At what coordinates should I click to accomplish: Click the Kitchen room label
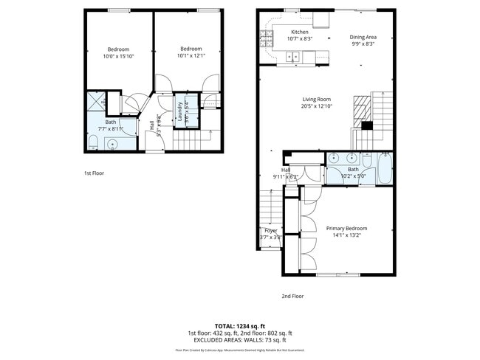click(300, 32)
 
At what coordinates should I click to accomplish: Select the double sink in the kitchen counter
click(293, 56)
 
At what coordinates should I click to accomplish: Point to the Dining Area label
click(363, 37)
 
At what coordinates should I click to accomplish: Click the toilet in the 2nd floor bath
click(367, 158)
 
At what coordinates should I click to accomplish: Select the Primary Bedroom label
click(346, 229)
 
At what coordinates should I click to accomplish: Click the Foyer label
click(271, 231)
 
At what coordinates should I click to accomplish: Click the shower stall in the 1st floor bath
click(95, 102)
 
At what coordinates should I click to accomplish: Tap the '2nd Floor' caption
click(292, 296)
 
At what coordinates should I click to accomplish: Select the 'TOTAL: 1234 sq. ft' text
click(239, 325)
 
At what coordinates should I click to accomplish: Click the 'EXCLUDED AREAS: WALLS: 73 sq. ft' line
click(239, 340)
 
